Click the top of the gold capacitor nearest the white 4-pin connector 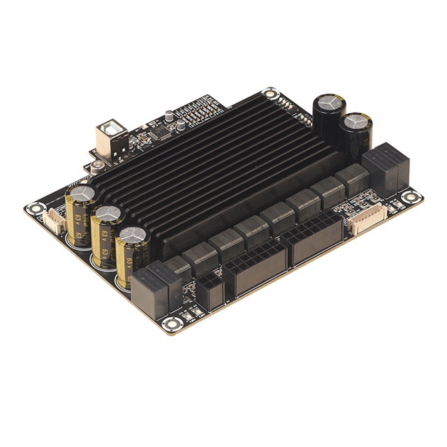click(80, 193)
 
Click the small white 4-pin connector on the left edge click(54, 219)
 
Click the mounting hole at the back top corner click(269, 93)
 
